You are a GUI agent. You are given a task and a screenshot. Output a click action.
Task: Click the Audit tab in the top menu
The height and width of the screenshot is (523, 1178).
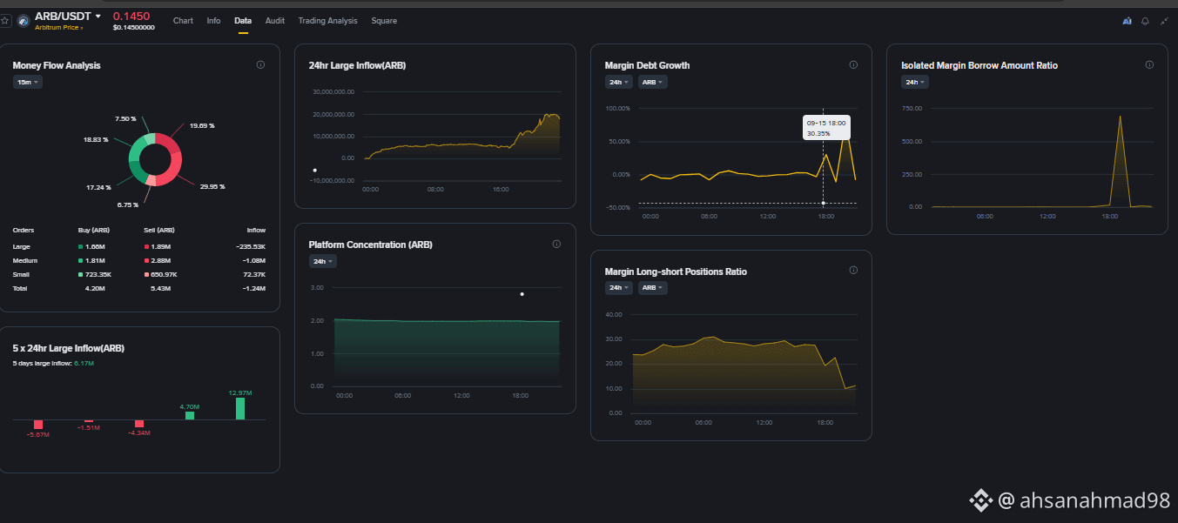(274, 21)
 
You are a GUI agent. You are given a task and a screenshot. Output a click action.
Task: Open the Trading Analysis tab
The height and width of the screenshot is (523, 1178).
(327, 21)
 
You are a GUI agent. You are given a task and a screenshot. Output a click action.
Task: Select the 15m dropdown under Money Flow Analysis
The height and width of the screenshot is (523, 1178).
(27, 82)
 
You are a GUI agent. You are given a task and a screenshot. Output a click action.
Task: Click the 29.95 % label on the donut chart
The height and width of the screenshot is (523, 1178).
(212, 186)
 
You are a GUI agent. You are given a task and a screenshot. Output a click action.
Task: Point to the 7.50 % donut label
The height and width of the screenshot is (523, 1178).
(125, 119)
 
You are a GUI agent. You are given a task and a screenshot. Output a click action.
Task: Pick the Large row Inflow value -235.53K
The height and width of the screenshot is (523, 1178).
(251, 246)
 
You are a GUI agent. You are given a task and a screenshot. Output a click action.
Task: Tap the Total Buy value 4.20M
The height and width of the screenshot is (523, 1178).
(95, 289)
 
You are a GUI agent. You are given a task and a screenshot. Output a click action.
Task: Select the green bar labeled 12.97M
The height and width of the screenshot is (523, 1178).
(240, 408)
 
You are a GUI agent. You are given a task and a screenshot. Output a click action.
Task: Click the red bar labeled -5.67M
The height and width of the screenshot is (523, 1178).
(38, 425)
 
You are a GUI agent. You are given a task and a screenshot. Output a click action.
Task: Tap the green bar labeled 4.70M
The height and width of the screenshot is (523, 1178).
(190, 415)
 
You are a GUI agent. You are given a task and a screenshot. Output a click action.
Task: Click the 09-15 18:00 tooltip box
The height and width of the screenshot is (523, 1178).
(826, 128)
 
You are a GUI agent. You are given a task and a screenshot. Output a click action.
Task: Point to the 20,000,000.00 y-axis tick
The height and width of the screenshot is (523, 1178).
(333, 114)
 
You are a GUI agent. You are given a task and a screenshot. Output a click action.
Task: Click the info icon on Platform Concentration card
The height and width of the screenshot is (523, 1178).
(556, 244)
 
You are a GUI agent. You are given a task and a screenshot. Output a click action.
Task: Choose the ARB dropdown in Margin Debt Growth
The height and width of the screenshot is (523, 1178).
(652, 82)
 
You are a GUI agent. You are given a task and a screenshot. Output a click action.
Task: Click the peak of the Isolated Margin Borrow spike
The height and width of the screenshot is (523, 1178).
(1121, 116)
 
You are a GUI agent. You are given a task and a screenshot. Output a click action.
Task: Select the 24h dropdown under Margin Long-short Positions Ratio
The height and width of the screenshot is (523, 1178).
(618, 287)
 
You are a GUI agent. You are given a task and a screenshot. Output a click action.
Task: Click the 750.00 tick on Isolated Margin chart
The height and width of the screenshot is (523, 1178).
(912, 108)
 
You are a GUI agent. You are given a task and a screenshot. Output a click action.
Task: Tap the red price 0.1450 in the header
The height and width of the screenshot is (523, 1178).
(131, 17)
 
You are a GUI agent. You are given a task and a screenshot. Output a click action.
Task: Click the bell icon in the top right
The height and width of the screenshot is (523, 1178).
(1145, 21)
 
